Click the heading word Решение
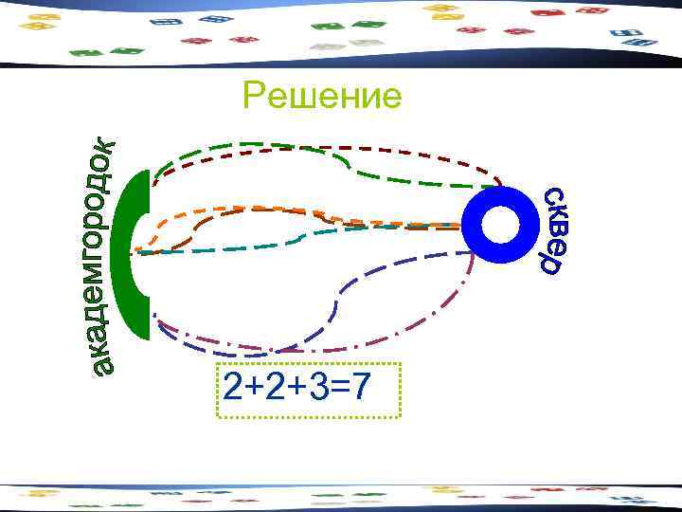pyautogui.click(x=321, y=96)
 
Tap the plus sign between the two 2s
pyautogui.click(x=257, y=388)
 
